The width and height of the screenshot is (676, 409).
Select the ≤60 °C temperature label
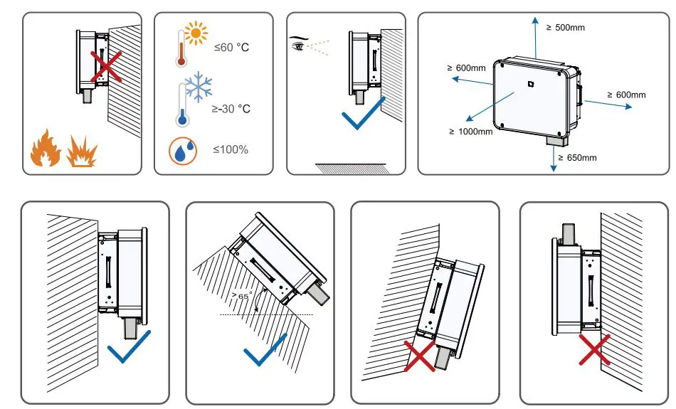coord(232,48)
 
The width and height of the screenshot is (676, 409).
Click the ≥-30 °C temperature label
coord(232,109)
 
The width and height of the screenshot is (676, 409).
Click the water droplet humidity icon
coord(182,152)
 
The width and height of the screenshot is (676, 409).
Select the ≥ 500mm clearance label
coord(565,27)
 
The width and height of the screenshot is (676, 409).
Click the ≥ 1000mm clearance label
coord(470,132)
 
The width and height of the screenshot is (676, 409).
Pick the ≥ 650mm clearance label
coord(577,157)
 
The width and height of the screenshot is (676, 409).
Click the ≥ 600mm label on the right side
coord(626,95)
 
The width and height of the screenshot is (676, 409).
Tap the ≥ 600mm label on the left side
coord(466,68)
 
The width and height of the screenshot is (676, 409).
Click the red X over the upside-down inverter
coord(592,350)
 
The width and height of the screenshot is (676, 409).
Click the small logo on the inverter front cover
coord(529,84)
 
